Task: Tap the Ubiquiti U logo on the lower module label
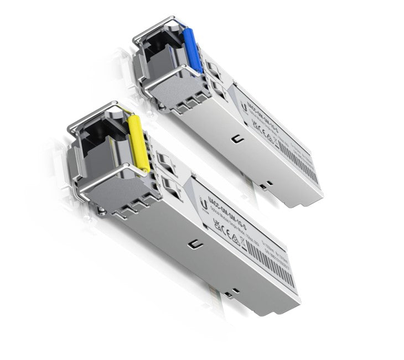point(206,205)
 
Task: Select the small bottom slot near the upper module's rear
point(269,182)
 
